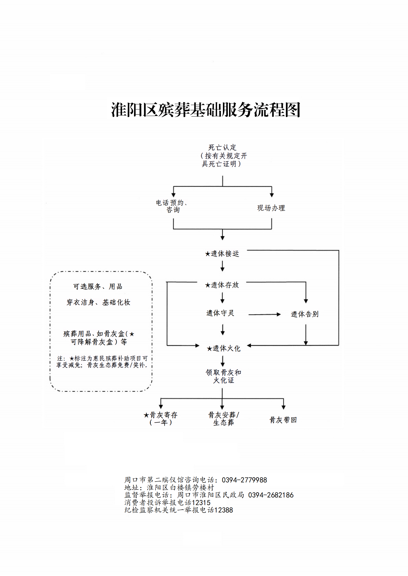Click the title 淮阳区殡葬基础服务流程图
coord(206,110)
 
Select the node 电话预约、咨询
coord(172,206)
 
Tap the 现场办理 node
coord(271,208)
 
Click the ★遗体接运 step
coord(222,253)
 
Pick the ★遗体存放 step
coord(222,285)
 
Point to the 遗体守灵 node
coord(220,313)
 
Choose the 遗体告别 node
coord(305,314)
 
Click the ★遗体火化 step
coord(224,348)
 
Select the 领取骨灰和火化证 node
coord(223,376)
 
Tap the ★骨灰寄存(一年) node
coord(161,419)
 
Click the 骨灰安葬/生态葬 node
coord(224,419)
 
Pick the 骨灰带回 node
coord(283,420)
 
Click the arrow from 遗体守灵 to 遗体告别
coord(265,314)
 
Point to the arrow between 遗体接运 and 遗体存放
coord(222,266)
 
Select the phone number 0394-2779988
coord(244,480)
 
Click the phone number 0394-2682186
coord(271,495)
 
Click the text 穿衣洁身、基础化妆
coord(98,303)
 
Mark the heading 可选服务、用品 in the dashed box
coord(98,286)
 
